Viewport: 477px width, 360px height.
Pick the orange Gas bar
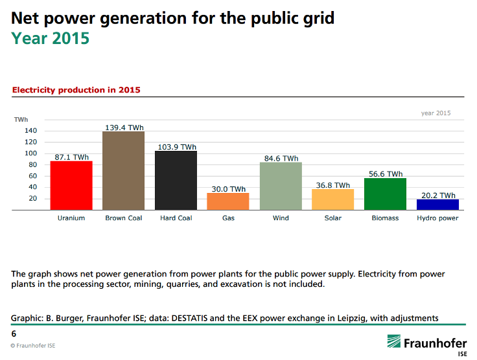228,201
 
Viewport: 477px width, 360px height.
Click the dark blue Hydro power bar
437,204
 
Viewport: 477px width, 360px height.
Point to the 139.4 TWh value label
123,128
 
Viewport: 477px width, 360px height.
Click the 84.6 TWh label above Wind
281,158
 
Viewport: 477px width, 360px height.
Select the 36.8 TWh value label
332,185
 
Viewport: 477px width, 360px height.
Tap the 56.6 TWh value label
385,174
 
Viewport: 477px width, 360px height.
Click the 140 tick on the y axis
32,131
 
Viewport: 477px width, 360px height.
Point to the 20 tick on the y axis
32,198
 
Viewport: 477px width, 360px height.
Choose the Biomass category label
385,218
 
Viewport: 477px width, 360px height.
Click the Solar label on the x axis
332,218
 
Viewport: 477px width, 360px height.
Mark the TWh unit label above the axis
21,120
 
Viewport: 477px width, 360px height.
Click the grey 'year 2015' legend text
436,113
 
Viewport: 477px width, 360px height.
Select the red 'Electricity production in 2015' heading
76,90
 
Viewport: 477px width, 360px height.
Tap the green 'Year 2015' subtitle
50,38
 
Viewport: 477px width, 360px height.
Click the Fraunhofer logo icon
393,342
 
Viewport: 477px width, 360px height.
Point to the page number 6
14,333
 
